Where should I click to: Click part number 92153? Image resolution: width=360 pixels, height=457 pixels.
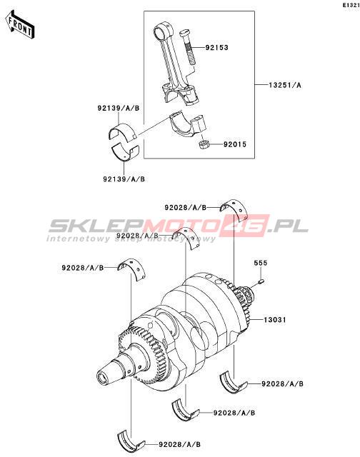[x=216, y=48]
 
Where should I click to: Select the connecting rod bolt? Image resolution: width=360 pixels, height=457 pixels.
[x=188, y=48]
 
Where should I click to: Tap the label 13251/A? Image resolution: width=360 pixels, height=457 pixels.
[x=285, y=85]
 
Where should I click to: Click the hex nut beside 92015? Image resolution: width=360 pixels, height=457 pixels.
[x=203, y=144]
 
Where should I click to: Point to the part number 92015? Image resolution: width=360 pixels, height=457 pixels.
[x=235, y=144]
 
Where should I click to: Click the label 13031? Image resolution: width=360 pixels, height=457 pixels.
[x=275, y=320]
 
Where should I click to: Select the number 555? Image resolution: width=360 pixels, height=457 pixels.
[x=260, y=263]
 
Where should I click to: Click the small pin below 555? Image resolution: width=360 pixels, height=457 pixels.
[x=261, y=281]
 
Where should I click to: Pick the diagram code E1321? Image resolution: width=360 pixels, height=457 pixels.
[x=351, y=5]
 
